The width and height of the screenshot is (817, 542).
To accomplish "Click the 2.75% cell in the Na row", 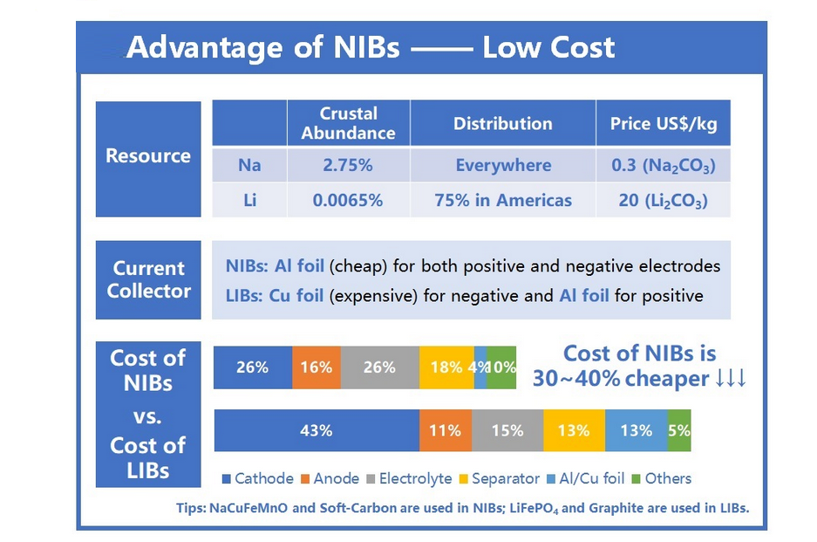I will click(348, 165).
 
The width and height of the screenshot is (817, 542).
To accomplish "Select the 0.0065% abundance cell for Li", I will click(348, 201).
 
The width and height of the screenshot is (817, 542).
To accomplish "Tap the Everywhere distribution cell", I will click(503, 165).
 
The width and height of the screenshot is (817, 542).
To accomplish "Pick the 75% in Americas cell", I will click(503, 201).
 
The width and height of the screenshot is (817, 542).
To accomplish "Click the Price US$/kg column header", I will click(663, 124).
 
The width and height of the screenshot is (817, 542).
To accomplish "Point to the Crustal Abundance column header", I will click(348, 123).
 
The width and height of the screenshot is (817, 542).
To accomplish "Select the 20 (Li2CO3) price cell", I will click(663, 201).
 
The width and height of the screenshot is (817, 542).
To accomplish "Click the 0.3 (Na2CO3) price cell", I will click(663, 165).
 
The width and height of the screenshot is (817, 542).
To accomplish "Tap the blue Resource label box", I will click(148, 157).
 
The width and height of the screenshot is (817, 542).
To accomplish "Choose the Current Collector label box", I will click(148, 279).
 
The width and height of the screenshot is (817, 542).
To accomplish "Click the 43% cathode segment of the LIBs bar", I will click(316, 430).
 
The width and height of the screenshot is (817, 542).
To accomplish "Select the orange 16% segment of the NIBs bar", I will click(317, 367).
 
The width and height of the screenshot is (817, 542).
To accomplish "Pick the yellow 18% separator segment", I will click(446, 367).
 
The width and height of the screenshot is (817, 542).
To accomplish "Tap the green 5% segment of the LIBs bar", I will click(679, 430).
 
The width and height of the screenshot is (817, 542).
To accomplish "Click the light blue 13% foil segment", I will click(637, 430).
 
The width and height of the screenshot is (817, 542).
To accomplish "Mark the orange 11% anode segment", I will click(446, 430).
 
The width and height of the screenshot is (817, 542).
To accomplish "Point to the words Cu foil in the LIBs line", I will click(296, 296).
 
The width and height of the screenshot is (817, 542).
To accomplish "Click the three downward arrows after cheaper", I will click(730, 379).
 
